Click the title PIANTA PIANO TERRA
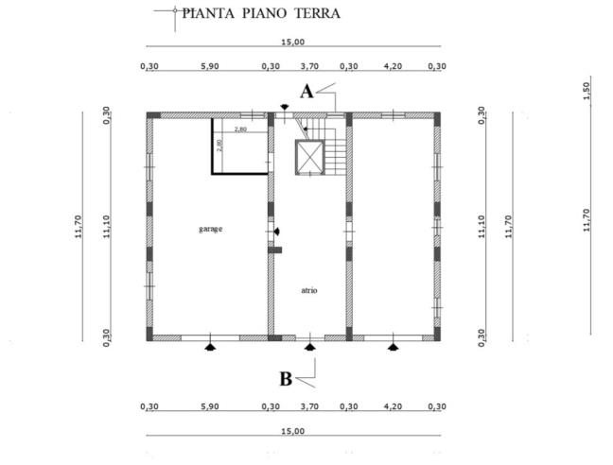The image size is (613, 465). [260, 13]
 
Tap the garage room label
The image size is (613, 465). [210, 229]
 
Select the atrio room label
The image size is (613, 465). [309, 290]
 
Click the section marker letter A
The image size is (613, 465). [306, 92]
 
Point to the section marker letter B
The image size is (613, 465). [285, 379]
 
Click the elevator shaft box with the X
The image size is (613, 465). [309, 158]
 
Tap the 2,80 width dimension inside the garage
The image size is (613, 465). [240, 129]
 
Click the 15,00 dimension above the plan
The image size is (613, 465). [292, 42]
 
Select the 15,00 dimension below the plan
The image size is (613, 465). [292, 431]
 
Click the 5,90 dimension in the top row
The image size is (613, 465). [209, 66]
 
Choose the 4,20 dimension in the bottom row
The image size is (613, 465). [393, 406]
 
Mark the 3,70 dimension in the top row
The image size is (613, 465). [309, 66]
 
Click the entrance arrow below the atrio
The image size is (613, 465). [309, 347]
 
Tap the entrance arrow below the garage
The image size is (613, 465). [210, 347]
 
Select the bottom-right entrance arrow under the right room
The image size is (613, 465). [393, 347]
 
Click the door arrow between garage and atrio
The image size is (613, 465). [275, 231]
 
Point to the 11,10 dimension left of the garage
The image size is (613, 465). [108, 226]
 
